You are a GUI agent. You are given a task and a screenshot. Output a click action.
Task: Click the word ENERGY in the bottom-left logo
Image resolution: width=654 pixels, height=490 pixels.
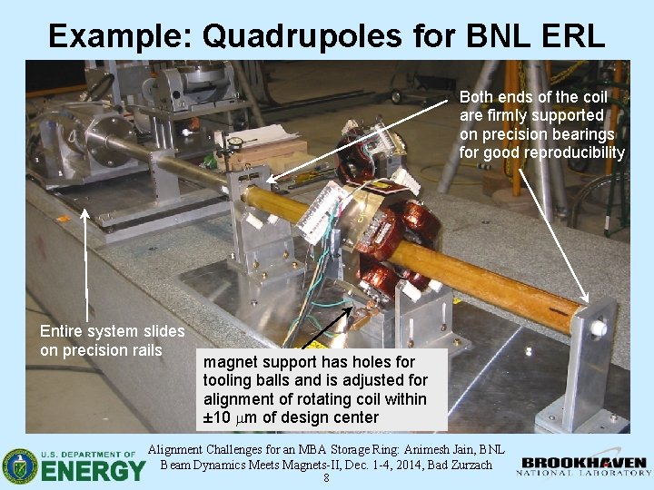93,470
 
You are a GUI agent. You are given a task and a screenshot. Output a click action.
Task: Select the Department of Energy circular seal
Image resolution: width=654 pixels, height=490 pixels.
20,465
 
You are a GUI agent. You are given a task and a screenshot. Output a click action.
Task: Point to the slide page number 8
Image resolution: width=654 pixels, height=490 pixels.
326,480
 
